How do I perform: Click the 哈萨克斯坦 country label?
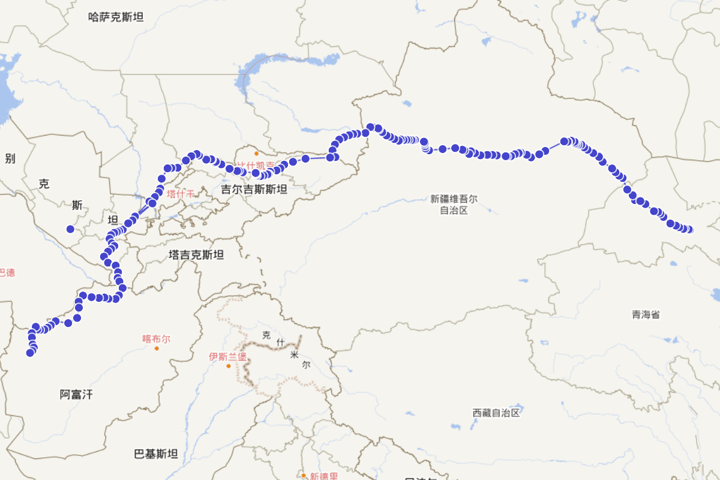click(116, 17)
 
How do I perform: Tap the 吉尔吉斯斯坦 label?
click(254, 190)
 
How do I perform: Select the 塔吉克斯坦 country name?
click(196, 255)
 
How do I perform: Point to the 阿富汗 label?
click(76, 394)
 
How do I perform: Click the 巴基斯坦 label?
click(156, 454)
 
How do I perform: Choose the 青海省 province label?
click(646, 314)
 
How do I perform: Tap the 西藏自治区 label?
click(496, 413)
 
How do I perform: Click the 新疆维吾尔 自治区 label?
click(454, 204)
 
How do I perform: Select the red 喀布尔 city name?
click(156, 338)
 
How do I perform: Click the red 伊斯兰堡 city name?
click(228, 356)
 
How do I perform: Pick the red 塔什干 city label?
click(181, 194)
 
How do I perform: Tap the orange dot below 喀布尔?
click(157, 348)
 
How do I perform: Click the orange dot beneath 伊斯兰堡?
click(228, 366)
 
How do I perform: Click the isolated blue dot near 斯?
click(70, 229)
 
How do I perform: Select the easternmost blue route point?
click(689, 230)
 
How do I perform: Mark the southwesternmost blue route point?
click(30, 353)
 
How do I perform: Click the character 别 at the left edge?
click(10, 158)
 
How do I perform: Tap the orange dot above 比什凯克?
click(256, 154)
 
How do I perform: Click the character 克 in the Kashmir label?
click(266, 334)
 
